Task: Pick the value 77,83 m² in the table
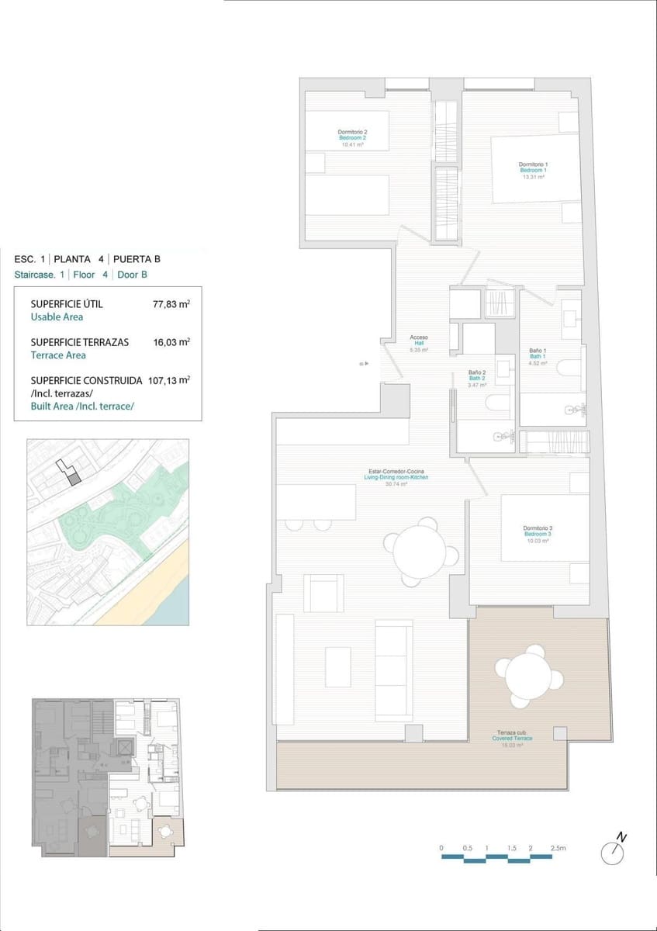pyautogui.click(x=171, y=305)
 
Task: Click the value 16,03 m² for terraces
pyautogui.click(x=171, y=342)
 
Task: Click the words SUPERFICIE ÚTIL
pyautogui.click(x=66, y=304)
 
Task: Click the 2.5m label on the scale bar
pyautogui.click(x=558, y=848)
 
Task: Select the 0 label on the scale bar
pyautogui.click(x=441, y=848)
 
